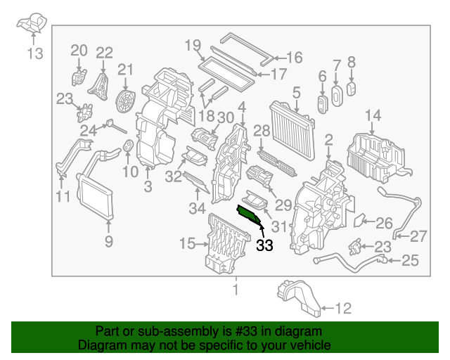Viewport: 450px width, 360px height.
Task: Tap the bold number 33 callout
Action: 264,245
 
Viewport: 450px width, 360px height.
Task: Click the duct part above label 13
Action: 32,24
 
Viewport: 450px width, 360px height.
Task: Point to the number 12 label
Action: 341,307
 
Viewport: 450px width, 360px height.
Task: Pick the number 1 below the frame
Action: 236,289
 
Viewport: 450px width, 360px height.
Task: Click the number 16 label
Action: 293,58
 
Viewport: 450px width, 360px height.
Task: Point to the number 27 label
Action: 418,236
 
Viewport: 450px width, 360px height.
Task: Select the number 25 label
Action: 409,262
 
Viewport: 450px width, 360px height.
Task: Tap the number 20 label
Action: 79,50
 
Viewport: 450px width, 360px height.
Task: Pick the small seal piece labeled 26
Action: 359,221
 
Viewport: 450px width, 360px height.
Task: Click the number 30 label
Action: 225,117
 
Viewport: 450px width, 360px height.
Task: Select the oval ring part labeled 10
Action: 129,146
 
